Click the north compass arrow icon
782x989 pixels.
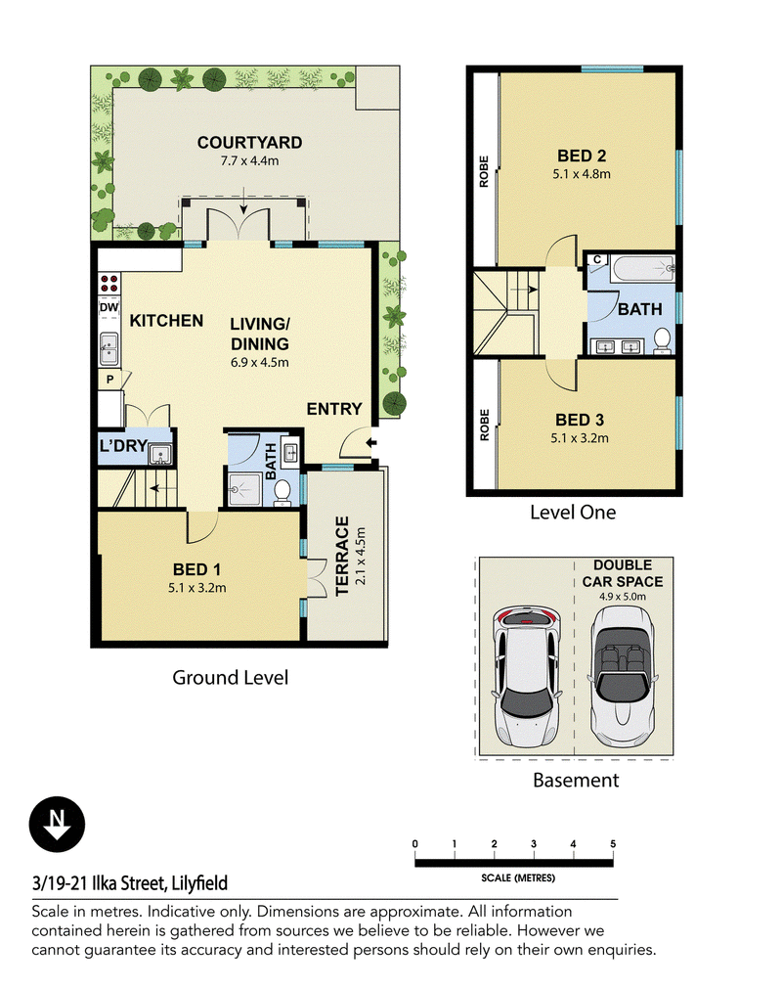(57, 824)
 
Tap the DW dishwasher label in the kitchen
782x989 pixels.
(109, 308)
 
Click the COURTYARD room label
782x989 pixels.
(249, 143)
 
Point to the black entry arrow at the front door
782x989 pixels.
(371, 443)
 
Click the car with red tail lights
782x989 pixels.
(526, 676)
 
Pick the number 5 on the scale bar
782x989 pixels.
(613, 843)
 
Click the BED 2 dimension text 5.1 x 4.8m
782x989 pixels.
(582, 174)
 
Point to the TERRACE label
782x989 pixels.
(342, 556)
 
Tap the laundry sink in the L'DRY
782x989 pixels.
(160, 454)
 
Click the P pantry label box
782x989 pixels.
(110, 380)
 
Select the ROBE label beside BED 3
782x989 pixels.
(484, 425)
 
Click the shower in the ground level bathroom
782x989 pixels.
(243, 489)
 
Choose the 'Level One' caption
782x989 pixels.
(573, 513)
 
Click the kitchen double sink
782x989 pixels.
(109, 349)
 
